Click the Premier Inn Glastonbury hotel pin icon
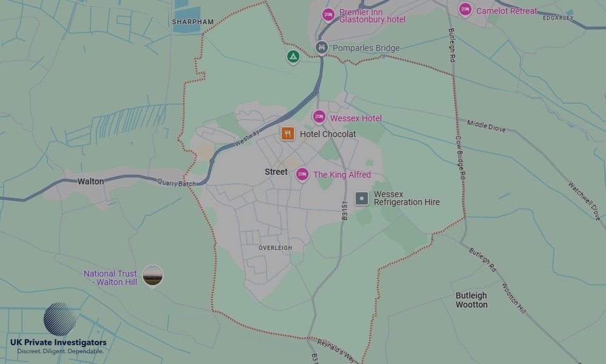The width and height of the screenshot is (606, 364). pos(328,15)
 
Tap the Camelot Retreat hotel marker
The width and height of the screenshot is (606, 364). pos(465,10)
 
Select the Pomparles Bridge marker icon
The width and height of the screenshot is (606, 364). pos(322,47)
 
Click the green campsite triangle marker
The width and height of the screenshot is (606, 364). pos(293,57)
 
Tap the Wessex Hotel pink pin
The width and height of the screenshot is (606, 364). pos(319,117)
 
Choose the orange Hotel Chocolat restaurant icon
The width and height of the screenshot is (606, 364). pos(288,133)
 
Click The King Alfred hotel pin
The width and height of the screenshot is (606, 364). pos(302,175)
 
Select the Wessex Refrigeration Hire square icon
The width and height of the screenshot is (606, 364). pos(362,198)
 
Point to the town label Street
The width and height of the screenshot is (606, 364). pos(276,172)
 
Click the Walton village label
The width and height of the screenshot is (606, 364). pos(90,181)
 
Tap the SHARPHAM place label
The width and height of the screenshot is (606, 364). pos(193,22)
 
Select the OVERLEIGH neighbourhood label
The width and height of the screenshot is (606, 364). pos(275,248)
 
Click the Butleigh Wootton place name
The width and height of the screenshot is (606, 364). pos(471,300)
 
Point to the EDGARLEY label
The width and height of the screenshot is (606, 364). pos(558,18)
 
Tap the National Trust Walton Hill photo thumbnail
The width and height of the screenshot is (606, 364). pos(153,276)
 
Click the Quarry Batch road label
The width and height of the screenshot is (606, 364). pos(177,183)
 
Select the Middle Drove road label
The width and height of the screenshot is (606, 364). pos(486,126)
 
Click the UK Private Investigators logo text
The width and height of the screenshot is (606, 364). pos(58,343)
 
